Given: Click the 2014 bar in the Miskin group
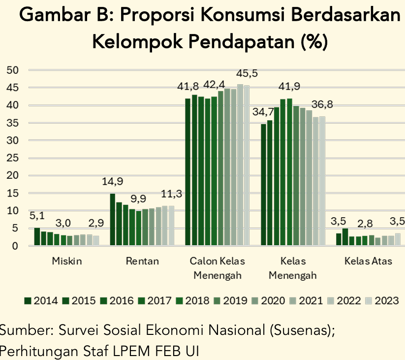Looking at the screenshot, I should [x=37, y=237].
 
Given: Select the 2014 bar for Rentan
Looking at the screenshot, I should [x=113, y=220].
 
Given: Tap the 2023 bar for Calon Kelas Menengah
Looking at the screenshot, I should [x=247, y=165].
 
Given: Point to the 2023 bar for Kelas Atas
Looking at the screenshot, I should [x=398, y=239].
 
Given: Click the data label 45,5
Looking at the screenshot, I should [x=247, y=73].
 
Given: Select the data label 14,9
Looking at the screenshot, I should [x=112, y=181].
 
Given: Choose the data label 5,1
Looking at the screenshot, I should [x=37, y=216].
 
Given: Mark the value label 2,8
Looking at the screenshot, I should [x=365, y=224].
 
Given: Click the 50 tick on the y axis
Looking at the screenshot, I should [x=13, y=70].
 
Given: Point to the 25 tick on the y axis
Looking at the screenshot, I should [x=13, y=158].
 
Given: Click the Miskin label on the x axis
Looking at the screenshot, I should [x=67, y=261].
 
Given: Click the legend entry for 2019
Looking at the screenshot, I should [x=231, y=301].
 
